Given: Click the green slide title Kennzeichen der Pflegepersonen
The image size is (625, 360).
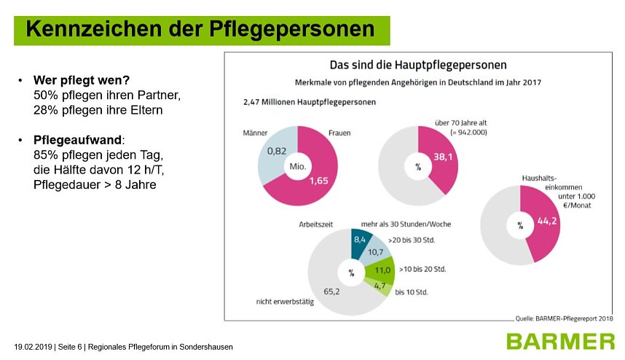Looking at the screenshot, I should [x=201, y=28].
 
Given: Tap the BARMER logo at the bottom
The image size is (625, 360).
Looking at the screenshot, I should [x=562, y=341].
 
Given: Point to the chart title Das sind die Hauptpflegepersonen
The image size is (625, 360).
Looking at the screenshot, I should [x=418, y=65].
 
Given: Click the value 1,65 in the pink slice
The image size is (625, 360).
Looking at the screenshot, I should [x=319, y=181].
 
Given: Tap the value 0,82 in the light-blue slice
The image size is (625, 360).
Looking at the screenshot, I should [x=276, y=151].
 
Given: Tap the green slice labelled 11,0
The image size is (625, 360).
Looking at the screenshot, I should [x=381, y=269].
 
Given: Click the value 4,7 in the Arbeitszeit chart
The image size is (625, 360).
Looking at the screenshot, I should [x=379, y=286].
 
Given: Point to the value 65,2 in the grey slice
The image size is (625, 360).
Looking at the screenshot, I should [x=331, y=291].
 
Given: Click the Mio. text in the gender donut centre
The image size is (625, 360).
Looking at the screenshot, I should [x=298, y=165].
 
